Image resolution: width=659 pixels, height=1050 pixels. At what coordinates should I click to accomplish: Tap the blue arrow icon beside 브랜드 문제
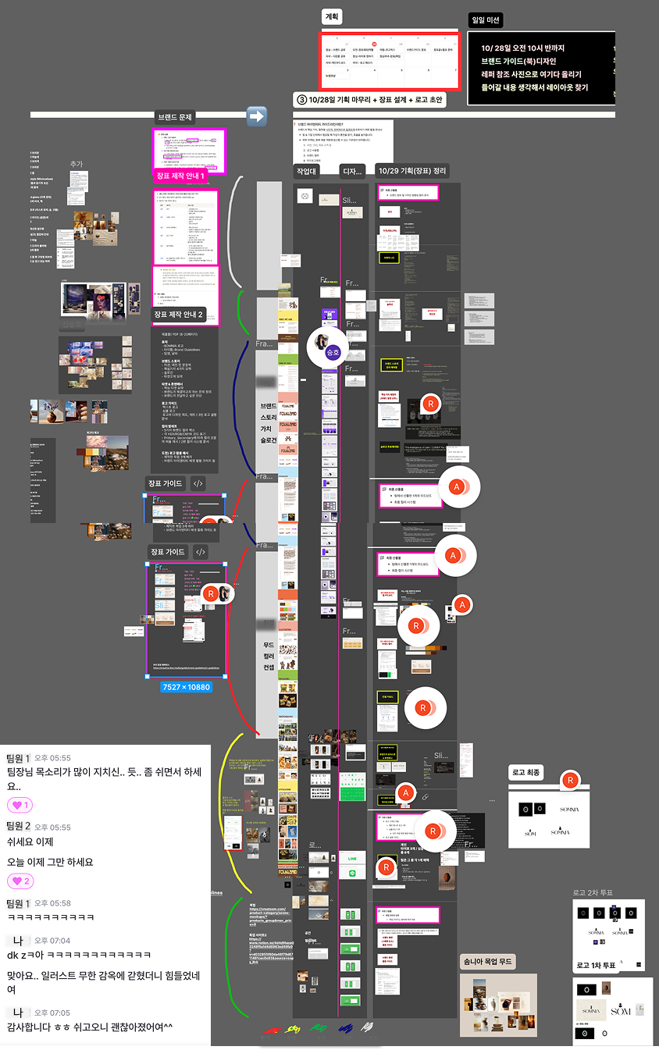tap(257, 116)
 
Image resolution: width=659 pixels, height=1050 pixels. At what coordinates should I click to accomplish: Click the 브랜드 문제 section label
tap(174, 117)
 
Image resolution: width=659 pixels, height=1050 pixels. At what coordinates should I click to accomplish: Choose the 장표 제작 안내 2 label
tap(178, 315)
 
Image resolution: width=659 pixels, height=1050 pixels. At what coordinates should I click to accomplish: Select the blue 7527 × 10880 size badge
tap(186, 687)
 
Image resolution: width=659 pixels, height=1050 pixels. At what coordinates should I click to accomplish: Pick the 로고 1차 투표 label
tap(596, 966)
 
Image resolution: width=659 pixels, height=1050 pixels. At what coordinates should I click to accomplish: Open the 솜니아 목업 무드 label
tap(487, 962)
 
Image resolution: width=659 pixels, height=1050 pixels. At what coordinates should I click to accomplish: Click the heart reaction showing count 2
tap(20, 881)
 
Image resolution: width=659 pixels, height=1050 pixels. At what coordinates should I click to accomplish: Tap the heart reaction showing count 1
tap(20, 806)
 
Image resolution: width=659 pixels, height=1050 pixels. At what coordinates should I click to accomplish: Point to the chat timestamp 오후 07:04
tap(52, 941)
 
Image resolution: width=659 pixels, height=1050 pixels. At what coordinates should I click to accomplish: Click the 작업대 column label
tap(307, 171)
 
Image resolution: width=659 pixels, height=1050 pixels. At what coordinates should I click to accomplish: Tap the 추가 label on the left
tap(76, 164)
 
